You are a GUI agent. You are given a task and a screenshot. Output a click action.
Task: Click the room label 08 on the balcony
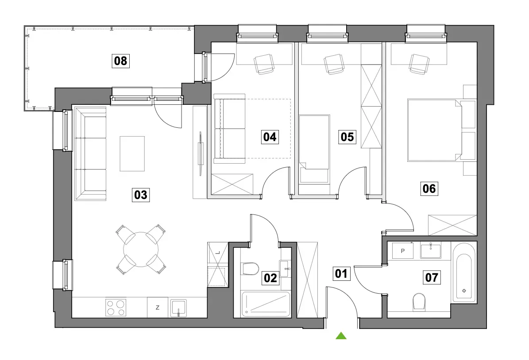120,61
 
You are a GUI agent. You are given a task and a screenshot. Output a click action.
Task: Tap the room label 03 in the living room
141,195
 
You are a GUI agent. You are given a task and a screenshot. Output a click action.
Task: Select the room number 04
270,137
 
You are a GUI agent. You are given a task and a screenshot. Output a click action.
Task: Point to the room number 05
348,137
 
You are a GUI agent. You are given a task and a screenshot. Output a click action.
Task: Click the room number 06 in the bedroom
429,188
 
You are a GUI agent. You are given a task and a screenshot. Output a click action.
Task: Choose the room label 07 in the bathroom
432,277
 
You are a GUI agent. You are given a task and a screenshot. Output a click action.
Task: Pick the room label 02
270,278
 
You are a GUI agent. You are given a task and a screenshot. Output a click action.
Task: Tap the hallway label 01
341,273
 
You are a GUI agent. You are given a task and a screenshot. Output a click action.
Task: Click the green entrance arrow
341,335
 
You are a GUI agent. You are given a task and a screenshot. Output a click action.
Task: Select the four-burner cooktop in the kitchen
116,307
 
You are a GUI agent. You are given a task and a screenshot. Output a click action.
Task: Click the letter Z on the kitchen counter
158,307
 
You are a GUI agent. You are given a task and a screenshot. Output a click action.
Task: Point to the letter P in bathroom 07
403,251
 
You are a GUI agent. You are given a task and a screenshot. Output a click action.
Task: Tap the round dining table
141,250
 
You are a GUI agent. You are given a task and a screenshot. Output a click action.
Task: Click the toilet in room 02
250,268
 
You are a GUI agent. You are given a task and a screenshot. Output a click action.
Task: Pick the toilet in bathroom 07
419,301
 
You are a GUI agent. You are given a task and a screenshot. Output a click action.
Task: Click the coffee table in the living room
132,154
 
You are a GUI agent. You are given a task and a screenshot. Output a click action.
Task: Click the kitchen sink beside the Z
178,308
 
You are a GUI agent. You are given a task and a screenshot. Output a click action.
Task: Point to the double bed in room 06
435,130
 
